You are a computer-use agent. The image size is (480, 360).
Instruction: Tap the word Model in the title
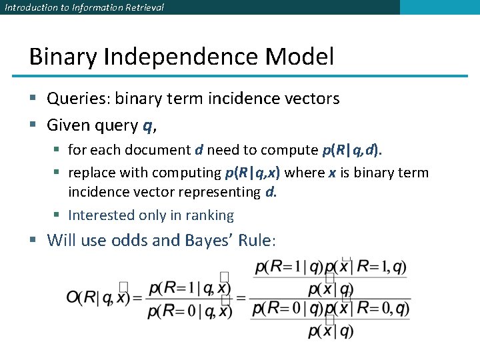[299, 57]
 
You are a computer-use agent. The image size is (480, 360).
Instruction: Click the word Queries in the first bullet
[79, 99]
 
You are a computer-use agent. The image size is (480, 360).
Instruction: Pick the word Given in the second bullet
[65, 125]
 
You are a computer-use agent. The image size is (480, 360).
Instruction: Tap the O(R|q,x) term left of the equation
[98, 298]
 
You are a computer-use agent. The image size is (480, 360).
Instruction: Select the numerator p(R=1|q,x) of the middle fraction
[190, 287]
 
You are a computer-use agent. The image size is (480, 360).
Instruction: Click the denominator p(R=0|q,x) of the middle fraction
[190, 311]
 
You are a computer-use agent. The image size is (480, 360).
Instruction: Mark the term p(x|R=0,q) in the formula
[374, 308]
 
